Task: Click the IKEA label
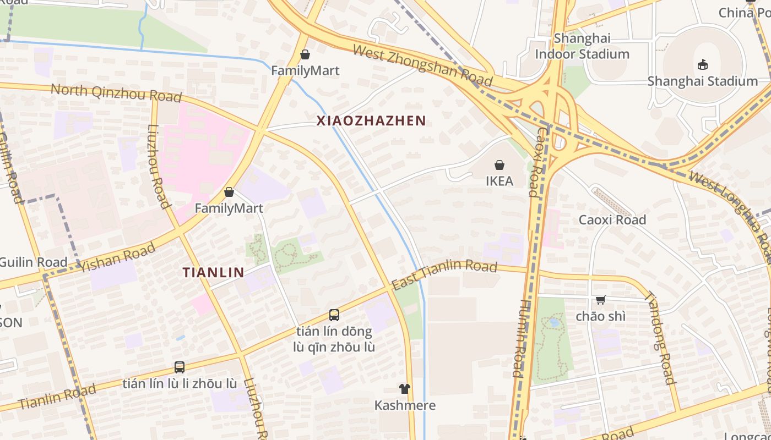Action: pyautogui.click(x=499, y=181)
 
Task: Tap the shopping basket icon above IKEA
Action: pyautogui.click(x=499, y=165)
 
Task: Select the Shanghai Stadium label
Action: pyautogui.click(x=702, y=81)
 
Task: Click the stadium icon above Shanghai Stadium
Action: pyautogui.click(x=702, y=65)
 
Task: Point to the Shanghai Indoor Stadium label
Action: pyautogui.click(x=582, y=46)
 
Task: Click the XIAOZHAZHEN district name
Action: pyautogui.click(x=371, y=121)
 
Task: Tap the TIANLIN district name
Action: pyautogui.click(x=213, y=272)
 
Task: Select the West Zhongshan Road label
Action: pyautogui.click(x=422, y=65)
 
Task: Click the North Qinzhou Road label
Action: pyautogui.click(x=116, y=93)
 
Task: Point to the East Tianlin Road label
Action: pyautogui.click(x=444, y=274)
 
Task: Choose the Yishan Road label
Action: pyautogui.click(x=117, y=258)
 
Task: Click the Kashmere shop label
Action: pyautogui.click(x=405, y=406)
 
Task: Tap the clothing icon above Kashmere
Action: pyautogui.click(x=405, y=389)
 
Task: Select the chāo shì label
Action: pyautogui.click(x=600, y=316)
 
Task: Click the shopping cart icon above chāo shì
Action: pyautogui.click(x=600, y=300)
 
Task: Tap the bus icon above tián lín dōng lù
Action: pyautogui.click(x=334, y=315)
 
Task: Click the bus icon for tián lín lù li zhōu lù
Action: pyautogui.click(x=179, y=367)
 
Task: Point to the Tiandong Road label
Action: pyautogui.click(x=659, y=337)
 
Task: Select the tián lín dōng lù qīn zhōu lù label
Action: pyautogui.click(x=334, y=339)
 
